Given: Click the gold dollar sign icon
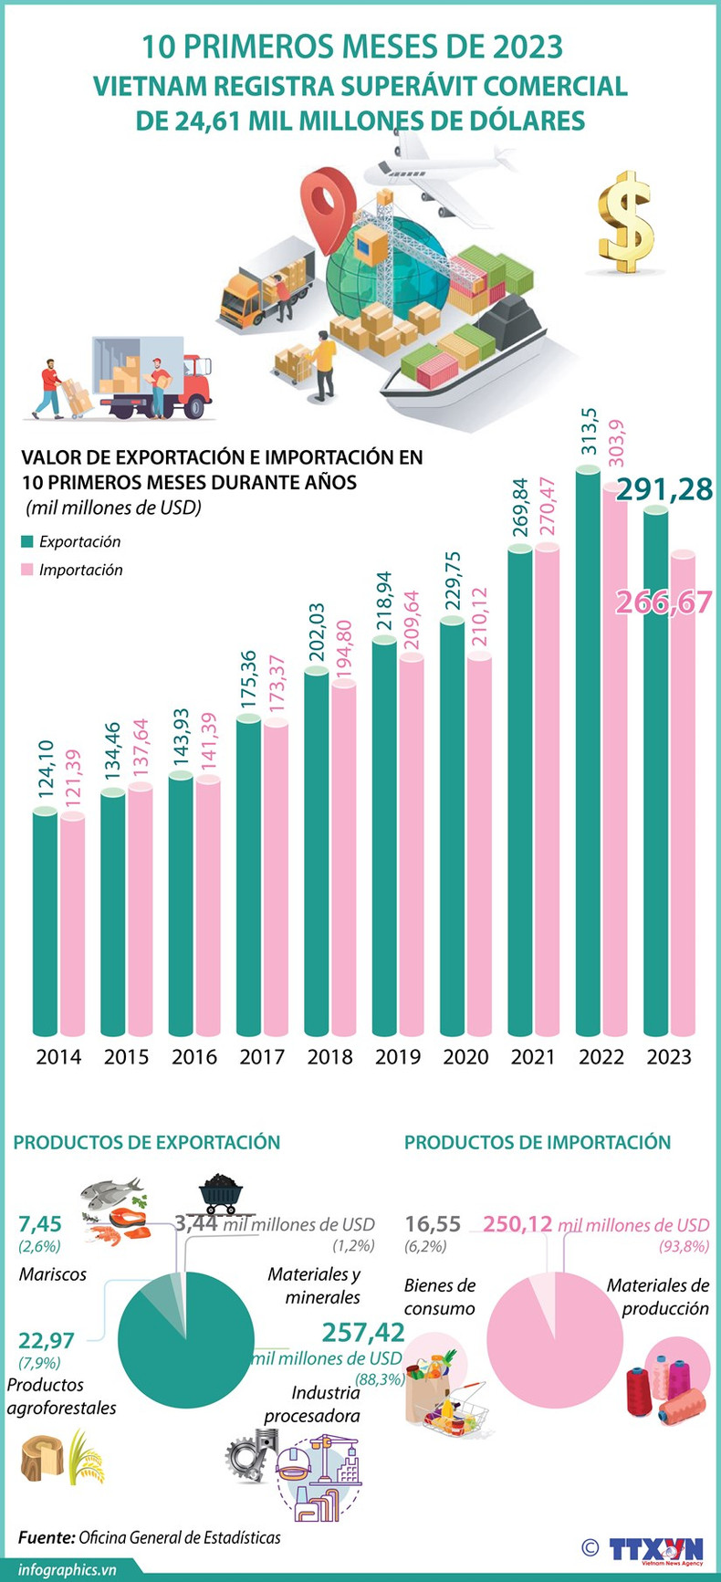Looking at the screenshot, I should click(626, 222).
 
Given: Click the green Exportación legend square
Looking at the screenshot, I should click(27, 541).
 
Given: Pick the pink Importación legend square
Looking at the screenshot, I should click(27, 570).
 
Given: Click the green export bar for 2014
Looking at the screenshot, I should click(46, 922).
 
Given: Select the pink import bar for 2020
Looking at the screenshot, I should click(479, 844).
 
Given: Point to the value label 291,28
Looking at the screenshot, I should click(664, 490).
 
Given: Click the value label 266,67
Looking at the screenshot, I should click(664, 602).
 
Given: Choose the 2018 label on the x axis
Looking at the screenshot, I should click(329, 1057).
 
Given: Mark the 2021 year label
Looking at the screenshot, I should click(533, 1057).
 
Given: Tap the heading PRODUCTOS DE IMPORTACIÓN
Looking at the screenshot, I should click(538, 1142).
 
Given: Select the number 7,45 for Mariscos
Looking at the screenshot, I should click(40, 1223).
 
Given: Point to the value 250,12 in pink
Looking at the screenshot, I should click(517, 1224).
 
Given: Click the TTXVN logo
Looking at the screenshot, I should click(655, 1548).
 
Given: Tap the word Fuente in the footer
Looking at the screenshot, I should click(46, 1537).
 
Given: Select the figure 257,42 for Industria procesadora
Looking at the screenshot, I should click(363, 1332).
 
